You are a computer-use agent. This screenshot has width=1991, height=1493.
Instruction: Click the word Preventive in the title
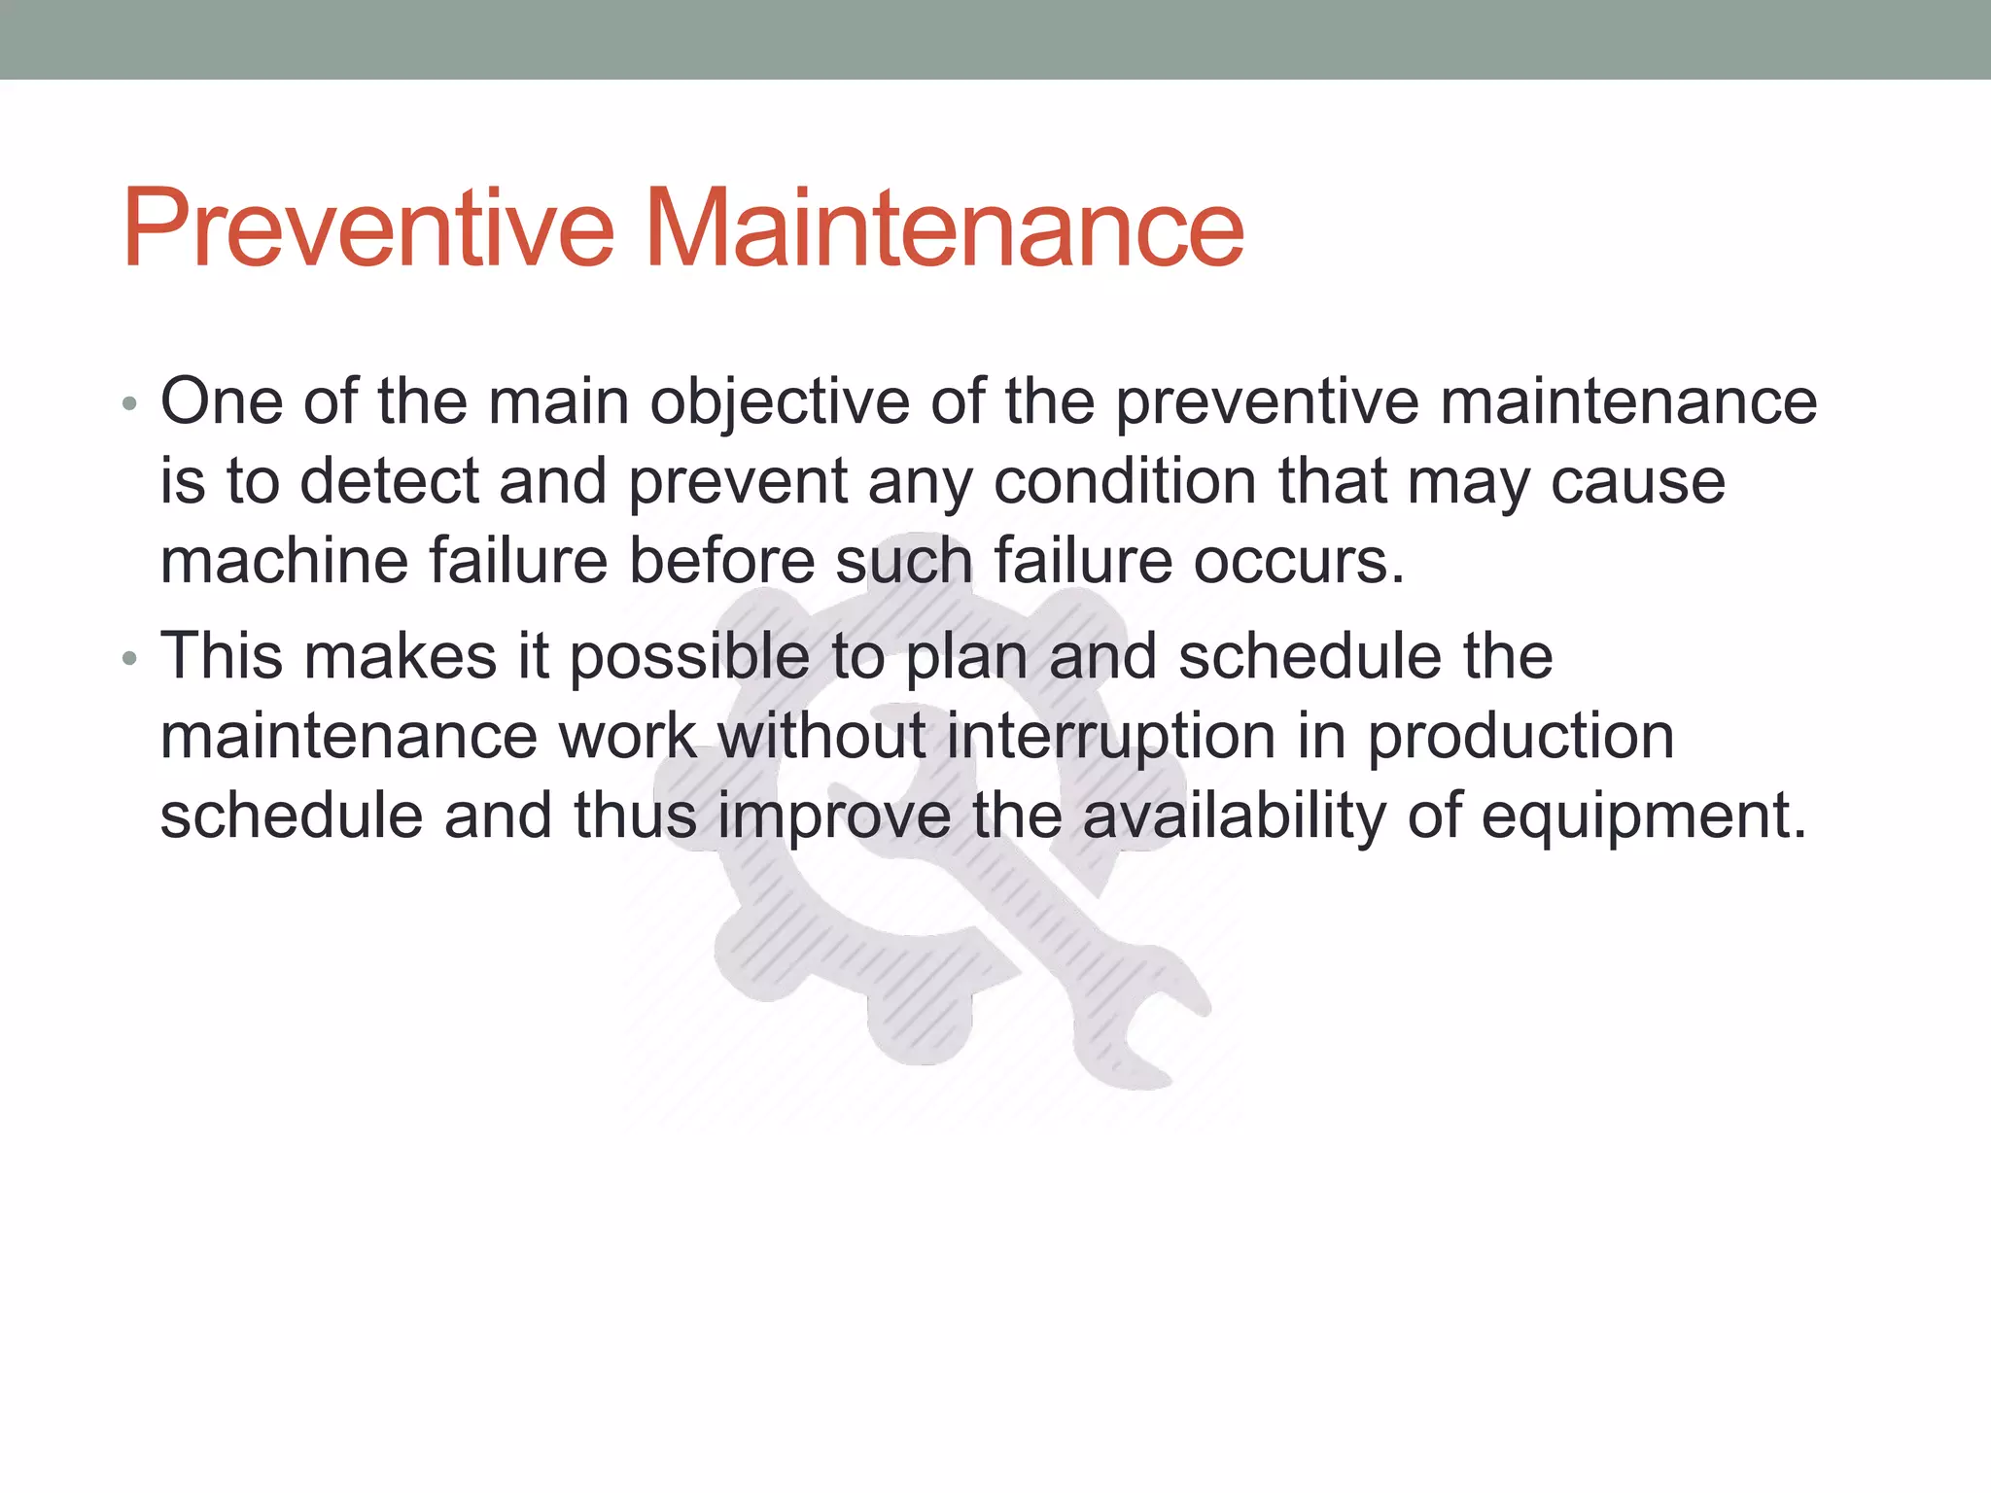[x=367, y=229]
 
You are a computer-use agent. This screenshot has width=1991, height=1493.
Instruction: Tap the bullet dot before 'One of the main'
[x=130, y=404]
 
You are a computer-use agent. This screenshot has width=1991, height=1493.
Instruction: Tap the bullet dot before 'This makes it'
[x=130, y=660]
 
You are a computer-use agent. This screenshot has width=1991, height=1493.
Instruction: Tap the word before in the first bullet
[x=721, y=562]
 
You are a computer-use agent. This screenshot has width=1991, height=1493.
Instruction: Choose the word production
[x=1520, y=737]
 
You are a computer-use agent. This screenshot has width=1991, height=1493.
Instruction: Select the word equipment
[x=1643, y=816]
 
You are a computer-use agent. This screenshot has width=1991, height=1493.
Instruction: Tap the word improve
[x=834, y=816]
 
